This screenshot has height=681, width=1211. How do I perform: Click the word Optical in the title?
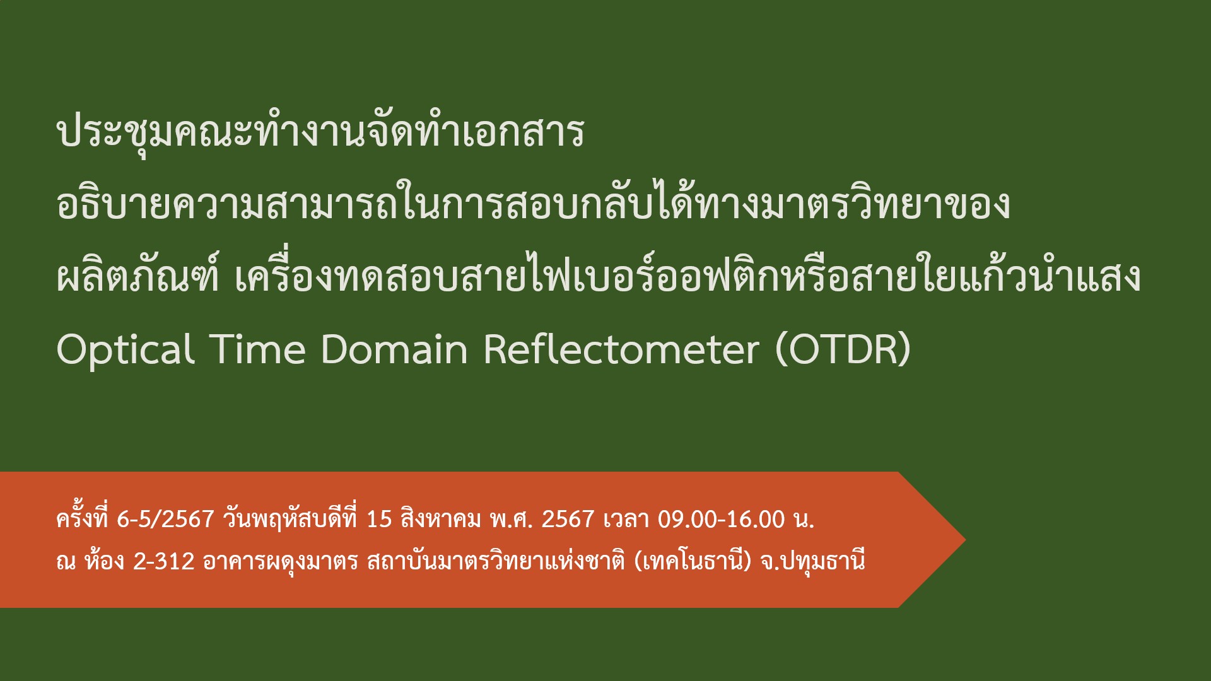(x=125, y=349)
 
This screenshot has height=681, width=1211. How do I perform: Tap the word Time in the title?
(x=258, y=349)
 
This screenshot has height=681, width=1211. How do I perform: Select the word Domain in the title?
(x=394, y=349)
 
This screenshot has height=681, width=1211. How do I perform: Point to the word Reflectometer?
(x=621, y=349)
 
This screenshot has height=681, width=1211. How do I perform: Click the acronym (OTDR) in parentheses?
(x=843, y=349)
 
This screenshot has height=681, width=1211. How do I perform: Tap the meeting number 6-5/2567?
(x=166, y=519)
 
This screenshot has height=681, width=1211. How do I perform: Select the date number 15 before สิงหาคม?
(x=379, y=519)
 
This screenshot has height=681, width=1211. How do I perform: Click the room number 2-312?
(x=164, y=561)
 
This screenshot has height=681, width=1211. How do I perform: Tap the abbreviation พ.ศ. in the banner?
(x=512, y=519)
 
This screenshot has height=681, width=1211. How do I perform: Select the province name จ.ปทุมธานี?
(x=812, y=561)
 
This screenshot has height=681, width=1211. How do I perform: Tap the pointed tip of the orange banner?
(x=965, y=540)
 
